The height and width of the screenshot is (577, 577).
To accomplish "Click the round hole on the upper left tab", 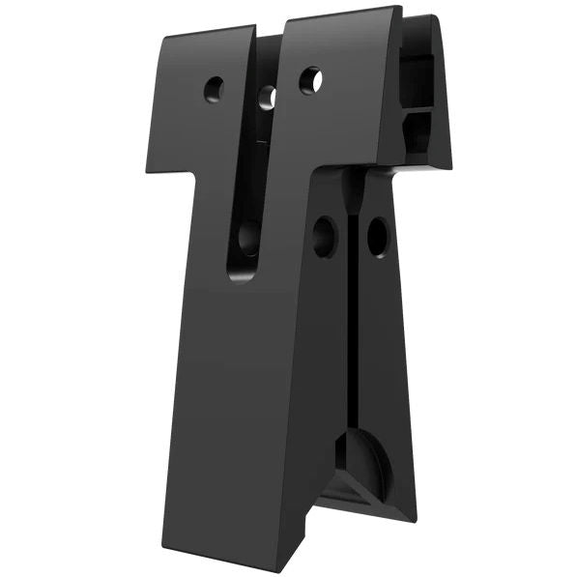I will pos(214,90).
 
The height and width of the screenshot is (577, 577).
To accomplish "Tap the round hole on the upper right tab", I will pos(310,80).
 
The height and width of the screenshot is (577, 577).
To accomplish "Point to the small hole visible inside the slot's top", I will pos(268,97).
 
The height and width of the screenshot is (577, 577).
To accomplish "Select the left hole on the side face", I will pos(324,236).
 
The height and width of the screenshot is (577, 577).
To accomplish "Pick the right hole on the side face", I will pos(377,236).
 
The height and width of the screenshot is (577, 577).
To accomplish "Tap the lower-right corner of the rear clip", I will pos(450,165).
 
